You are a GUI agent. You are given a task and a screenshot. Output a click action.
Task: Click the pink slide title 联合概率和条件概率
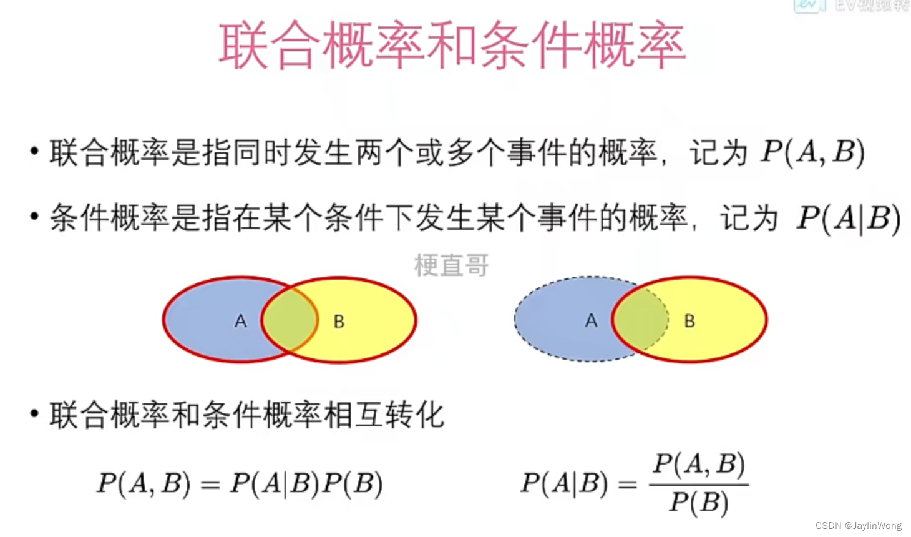(452, 45)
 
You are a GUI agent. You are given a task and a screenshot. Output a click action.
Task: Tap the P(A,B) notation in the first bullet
(812, 152)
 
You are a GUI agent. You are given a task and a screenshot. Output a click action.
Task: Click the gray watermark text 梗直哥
(452, 265)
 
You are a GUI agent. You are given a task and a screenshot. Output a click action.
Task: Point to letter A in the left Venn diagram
(240, 321)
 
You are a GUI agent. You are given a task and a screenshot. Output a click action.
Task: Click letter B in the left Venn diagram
(339, 322)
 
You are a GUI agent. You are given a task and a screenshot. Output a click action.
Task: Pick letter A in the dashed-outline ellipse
(591, 321)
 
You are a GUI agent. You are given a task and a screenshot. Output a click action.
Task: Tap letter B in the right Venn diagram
(689, 321)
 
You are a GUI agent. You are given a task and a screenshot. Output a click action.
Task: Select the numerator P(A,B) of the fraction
(699, 465)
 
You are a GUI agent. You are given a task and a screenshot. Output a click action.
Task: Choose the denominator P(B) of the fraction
(699, 502)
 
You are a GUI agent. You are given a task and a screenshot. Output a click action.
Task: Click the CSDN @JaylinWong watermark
(858, 526)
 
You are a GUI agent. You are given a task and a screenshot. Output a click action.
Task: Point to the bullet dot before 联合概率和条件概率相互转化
(34, 413)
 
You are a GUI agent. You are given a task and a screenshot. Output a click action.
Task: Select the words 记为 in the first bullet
(718, 153)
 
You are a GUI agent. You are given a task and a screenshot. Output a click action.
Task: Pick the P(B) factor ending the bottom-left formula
(353, 484)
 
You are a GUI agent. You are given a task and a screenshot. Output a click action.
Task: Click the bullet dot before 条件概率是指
(34, 217)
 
